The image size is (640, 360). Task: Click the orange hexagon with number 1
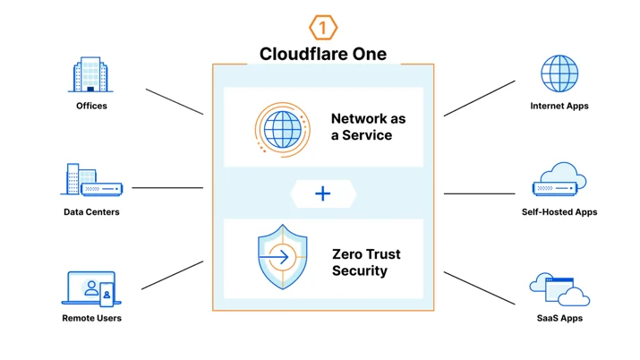click(323, 28)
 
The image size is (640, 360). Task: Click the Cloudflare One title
click(323, 54)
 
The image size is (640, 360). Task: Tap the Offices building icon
click(90, 74)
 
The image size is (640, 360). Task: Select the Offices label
click(91, 106)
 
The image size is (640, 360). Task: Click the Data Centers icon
click(91, 180)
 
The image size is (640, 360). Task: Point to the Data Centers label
click(91, 212)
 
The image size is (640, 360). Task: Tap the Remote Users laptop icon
click(91, 288)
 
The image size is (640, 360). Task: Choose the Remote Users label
click(91, 318)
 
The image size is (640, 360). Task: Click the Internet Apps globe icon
click(559, 73)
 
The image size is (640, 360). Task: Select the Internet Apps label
click(559, 106)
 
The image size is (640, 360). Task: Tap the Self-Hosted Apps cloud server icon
click(559, 179)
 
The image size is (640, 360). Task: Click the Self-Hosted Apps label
click(559, 212)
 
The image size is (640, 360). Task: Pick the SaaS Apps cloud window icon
click(559, 289)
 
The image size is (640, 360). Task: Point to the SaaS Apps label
click(559, 318)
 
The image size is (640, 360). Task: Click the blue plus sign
click(323, 193)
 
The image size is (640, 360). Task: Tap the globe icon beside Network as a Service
click(283, 130)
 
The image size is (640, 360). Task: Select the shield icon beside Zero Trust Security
click(283, 257)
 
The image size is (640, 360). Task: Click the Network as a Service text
click(368, 127)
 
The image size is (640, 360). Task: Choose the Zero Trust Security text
click(366, 262)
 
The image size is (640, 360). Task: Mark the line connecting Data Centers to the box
click(167, 188)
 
